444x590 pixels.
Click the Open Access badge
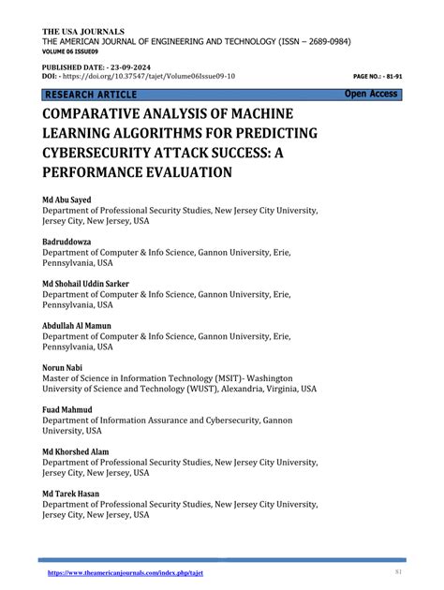372,94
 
